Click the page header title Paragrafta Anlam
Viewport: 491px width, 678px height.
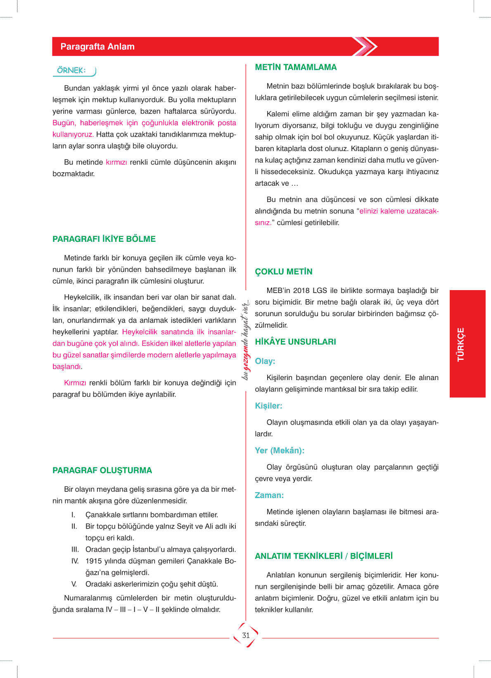(97, 47)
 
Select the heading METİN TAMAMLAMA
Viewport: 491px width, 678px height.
(296, 67)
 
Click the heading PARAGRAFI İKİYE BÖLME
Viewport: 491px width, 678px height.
(104, 239)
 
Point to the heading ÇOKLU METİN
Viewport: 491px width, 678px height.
(284, 272)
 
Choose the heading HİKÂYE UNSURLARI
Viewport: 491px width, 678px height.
(295, 342)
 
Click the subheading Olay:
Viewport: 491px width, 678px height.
(265, 361)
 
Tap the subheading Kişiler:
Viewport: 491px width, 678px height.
(268, 406)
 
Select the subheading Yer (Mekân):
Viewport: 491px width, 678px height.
(280, 451)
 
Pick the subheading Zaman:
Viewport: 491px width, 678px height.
(269, 495)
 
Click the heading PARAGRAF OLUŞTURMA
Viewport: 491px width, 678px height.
(102, 470)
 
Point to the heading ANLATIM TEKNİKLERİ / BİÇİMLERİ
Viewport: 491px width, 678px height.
(324, 556)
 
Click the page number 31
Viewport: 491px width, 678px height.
(246, 635)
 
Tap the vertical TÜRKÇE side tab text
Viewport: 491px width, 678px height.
(461, 344)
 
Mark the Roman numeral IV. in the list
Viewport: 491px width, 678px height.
(75, 561)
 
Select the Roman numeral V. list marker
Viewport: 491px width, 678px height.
(74, 584)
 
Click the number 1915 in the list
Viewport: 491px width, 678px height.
(93, 561)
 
